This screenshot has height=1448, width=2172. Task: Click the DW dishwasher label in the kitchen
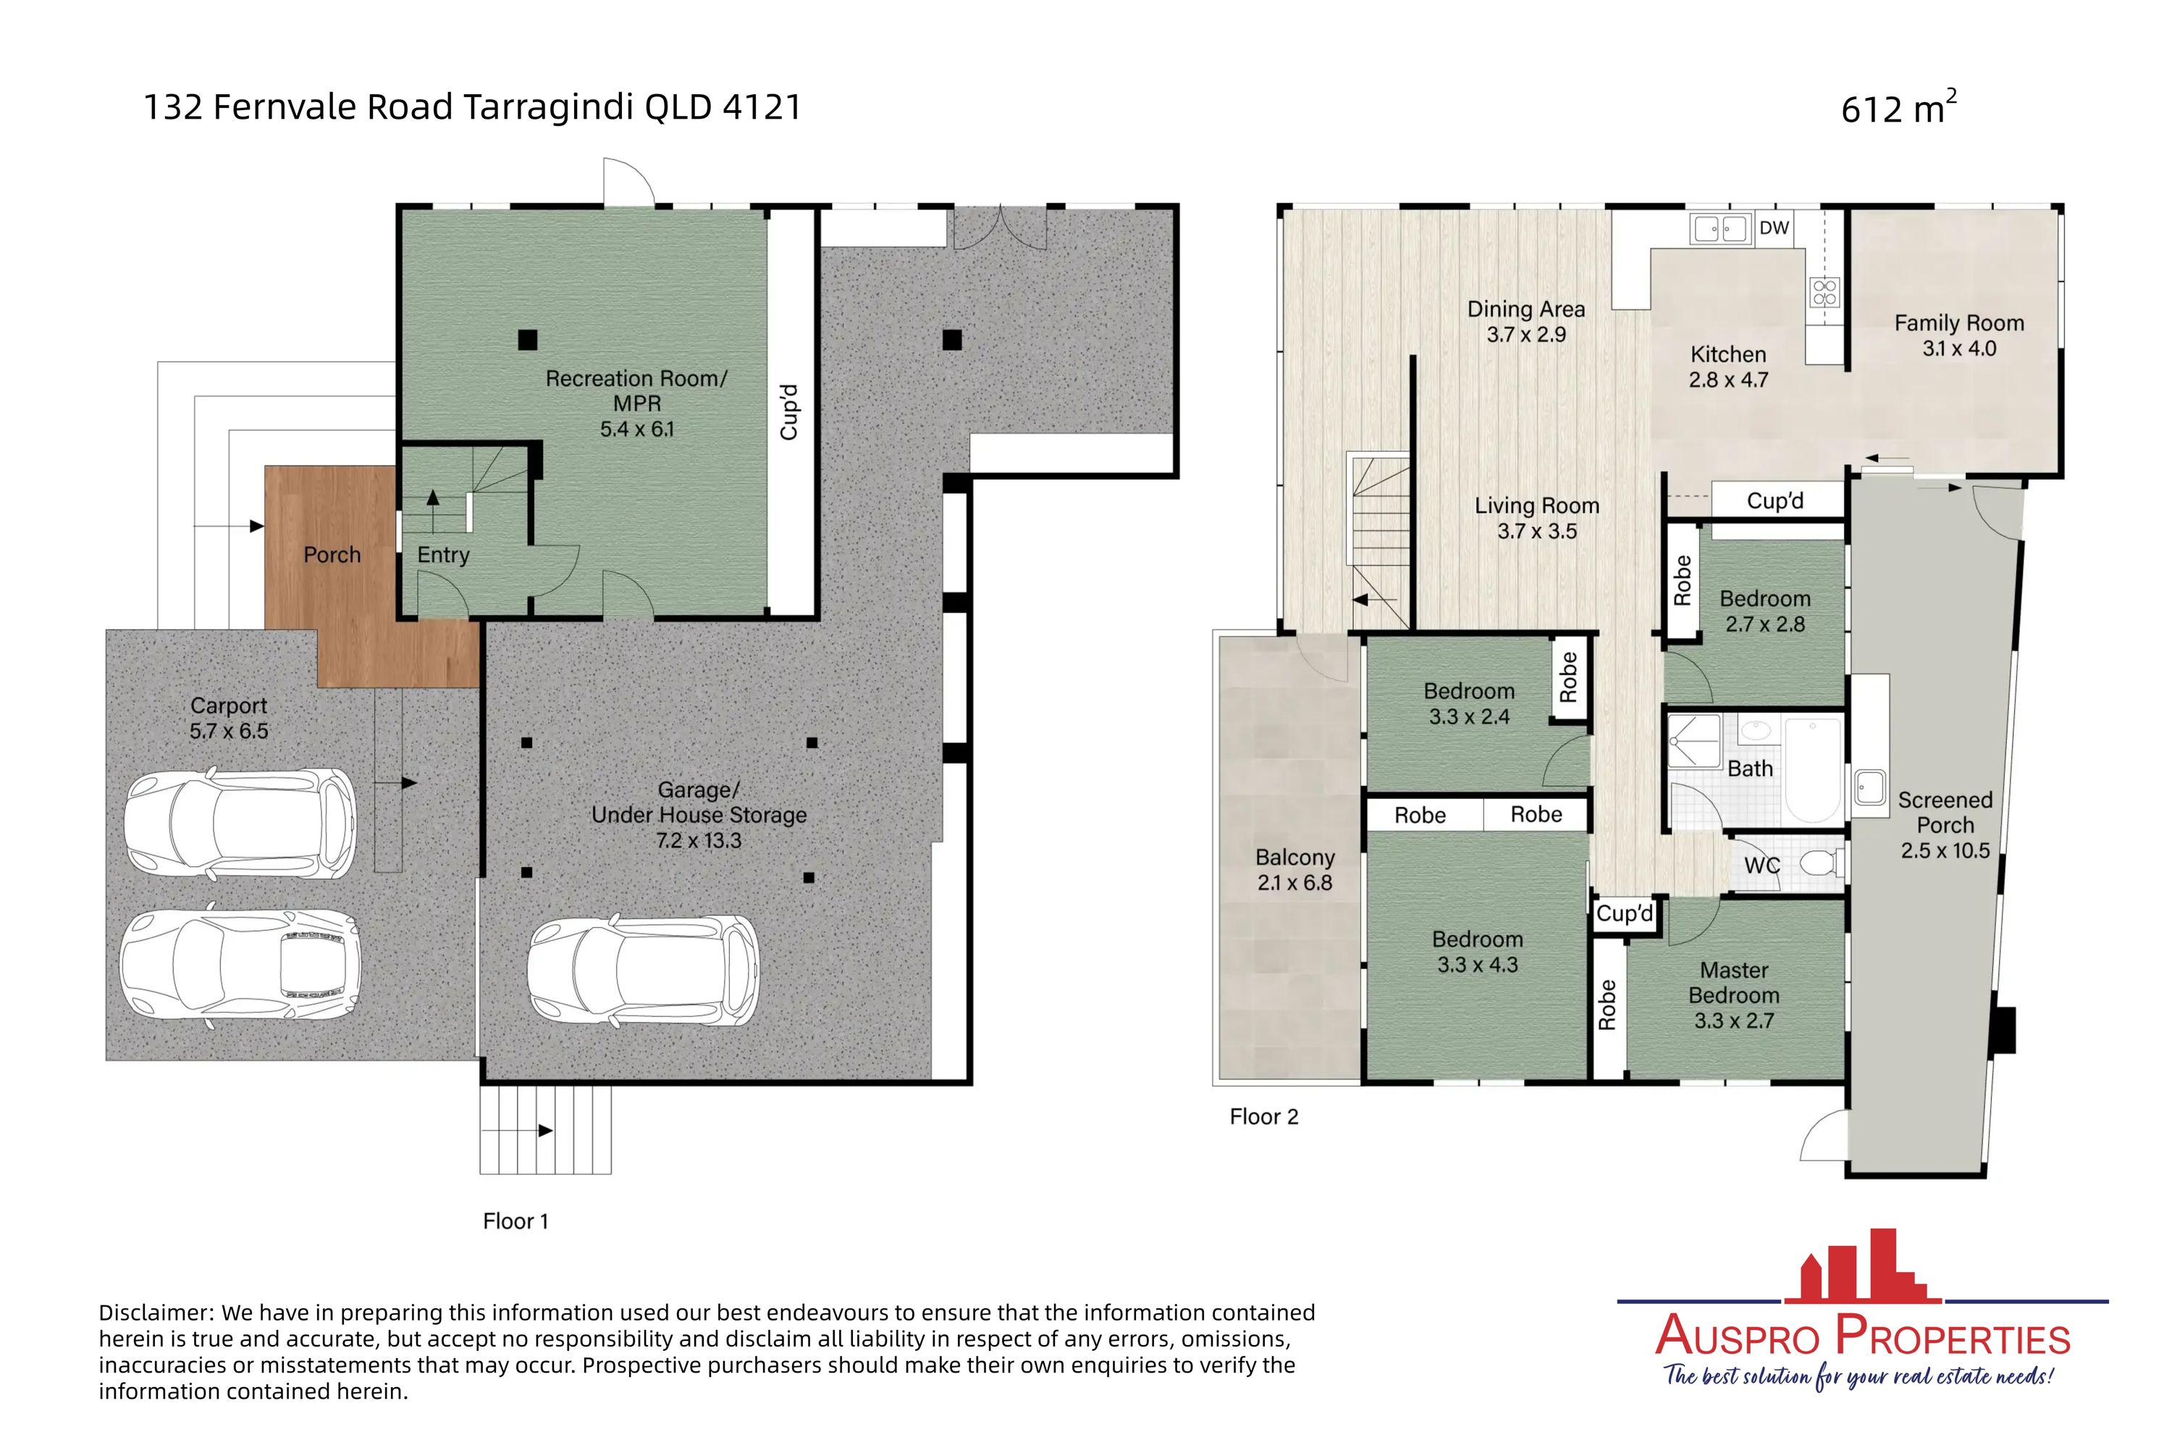1773,228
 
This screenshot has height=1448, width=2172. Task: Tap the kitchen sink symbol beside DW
1719,228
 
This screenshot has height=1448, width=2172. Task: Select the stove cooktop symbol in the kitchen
1824,292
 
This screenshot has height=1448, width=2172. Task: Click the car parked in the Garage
642,971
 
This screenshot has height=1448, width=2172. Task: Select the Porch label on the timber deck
332,555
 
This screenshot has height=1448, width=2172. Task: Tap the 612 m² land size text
1897,108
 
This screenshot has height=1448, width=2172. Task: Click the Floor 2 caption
1263,1116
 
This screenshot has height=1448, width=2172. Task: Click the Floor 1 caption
515,1221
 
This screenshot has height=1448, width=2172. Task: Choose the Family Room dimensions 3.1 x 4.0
1958,349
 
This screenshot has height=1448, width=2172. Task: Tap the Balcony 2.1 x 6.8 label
1295,870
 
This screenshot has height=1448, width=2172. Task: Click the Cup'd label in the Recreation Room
788,412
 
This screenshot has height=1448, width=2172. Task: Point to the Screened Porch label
1944,813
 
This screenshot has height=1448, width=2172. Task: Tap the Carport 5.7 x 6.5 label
228,719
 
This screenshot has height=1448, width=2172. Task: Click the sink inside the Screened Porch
1869,787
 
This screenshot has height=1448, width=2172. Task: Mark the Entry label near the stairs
443,555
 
